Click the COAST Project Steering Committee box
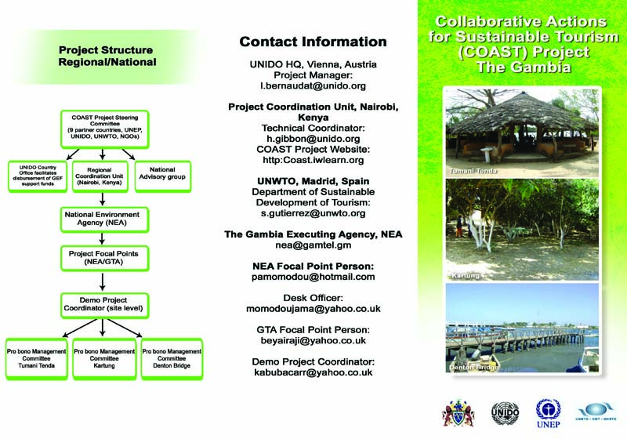point(104,129)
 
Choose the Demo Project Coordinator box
point(104,303)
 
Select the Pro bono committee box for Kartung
point(104,357)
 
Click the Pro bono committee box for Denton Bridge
point(171,357)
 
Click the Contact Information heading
point(313,42)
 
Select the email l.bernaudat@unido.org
point(313,85)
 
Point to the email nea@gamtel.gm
point(313,245)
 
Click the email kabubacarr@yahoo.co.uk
point(313,372)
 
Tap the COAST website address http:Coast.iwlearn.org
point(313,160)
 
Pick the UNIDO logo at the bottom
point(503,411)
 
